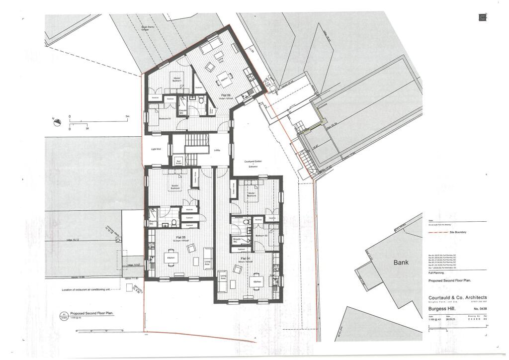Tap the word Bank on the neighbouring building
tap(401, 262)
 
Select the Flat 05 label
tap(180, 238)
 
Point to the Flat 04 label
tap(244, 259)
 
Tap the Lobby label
tap(218, 149)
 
